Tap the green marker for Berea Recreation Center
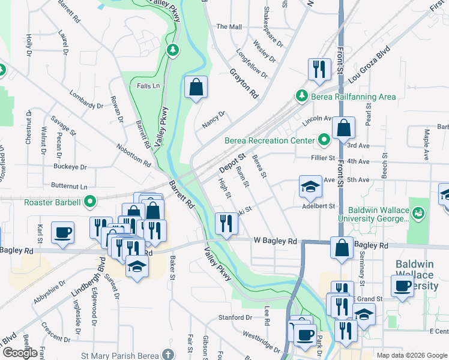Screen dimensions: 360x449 [325, 141]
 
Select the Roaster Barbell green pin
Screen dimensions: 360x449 [90, 202]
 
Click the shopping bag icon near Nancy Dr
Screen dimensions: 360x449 [196, 88]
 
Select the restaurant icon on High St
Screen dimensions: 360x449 [226, 224]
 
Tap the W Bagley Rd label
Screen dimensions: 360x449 [275, 241]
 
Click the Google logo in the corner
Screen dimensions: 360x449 [20, 353]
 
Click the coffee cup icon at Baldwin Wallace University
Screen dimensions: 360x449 [402, 286]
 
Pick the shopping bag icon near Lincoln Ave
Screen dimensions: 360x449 [342, 127]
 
